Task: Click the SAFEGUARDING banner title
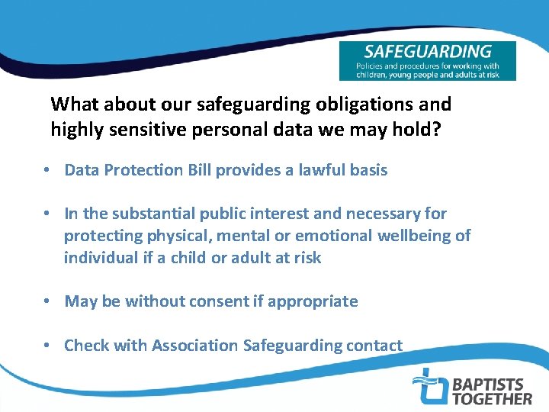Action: [427, 53]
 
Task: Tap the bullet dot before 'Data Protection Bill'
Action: [47, 170]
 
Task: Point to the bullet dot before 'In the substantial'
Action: [47, 214]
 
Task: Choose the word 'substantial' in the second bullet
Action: [158, 214]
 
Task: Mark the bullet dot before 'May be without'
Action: [47, 301]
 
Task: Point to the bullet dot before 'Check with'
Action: [47, 346]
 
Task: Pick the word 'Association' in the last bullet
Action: [194, 346]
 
